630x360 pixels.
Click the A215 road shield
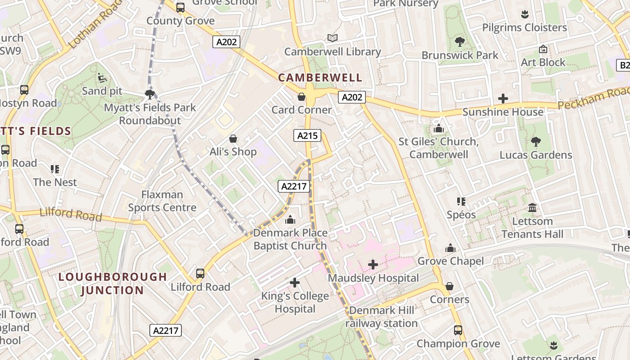click(x=307, y=135)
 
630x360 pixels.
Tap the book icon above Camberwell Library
click(x=333, y=38)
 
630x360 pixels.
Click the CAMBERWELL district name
click(x=320, y=77)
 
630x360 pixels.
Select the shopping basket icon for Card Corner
click(x=301, y=97)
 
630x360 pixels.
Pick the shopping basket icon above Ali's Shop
click(x=233, y=139)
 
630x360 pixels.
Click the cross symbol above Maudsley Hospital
click(x=373, y=265)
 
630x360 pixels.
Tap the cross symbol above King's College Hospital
click(x=295, y=283)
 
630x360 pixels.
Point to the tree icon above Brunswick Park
click(x=459, y=42)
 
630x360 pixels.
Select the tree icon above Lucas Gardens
click(x=535, y=142)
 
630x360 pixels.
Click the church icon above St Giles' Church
click(x=439, y=129)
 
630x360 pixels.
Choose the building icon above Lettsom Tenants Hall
click(x=532, y=208)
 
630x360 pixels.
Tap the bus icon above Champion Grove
click(x=458, y=330)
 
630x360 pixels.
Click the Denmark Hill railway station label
click(x=382, y=317)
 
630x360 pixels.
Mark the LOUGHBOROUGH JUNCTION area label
click(x=112, y=283)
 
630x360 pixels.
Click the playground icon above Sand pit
click(x=102, y=78)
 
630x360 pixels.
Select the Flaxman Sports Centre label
click(x=162, y=201)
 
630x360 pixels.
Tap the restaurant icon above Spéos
click(x=461, y=202)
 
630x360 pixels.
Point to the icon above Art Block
click(x=543, y=49)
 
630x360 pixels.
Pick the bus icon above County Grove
click(x=180, y=8)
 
